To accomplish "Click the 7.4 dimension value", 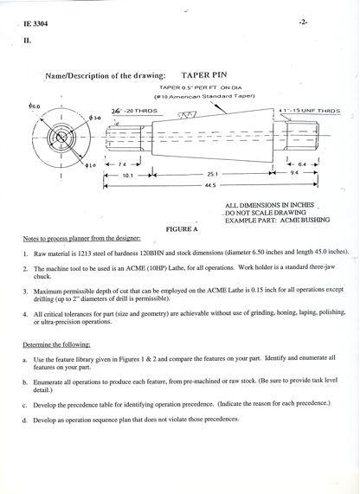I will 122,163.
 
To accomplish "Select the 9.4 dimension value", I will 294,173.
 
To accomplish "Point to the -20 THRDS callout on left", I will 139,112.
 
